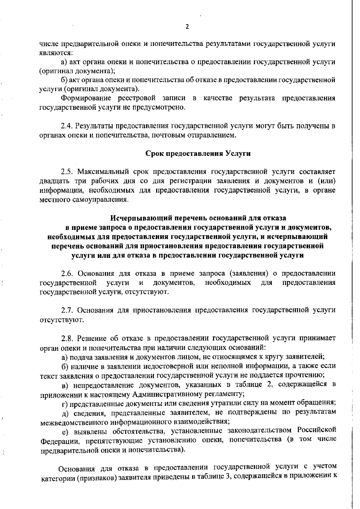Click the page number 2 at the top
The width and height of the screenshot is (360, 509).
(x=187, y=27)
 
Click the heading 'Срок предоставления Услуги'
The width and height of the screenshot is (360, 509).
(x=198, y=153)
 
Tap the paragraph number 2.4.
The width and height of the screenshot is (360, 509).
(x=67, y=126)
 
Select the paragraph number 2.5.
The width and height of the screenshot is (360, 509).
(x=67, y=172)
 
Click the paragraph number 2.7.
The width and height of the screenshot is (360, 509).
(x=67, y=310)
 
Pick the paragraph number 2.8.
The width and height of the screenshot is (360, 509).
(x=67, y=338)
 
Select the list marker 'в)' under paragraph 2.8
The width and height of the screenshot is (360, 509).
(x=65, y=385)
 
